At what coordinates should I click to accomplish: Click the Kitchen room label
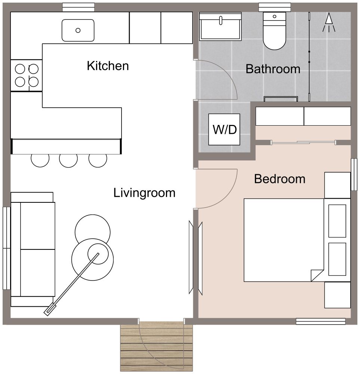point(108,66)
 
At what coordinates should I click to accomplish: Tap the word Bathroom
point(273,69)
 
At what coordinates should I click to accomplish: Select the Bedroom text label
point(280,179)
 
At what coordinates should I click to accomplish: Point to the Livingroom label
point(144,193)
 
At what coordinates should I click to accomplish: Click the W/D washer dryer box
point(224,129)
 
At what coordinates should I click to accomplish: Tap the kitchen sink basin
point(78,30)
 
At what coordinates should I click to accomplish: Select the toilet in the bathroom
point(275,32)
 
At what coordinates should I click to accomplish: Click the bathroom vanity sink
point(220,26)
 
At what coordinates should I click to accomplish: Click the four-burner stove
point(26,75)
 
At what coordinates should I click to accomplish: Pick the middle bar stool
point(68,160)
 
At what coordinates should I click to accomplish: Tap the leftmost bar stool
point(40,160)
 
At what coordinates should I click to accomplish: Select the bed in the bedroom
point(284,240)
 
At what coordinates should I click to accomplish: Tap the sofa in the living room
point(33,249)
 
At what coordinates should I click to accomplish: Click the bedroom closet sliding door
point(303,142)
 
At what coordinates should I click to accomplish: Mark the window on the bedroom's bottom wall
point(320,321)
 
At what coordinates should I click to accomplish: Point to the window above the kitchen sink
point(78,7)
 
